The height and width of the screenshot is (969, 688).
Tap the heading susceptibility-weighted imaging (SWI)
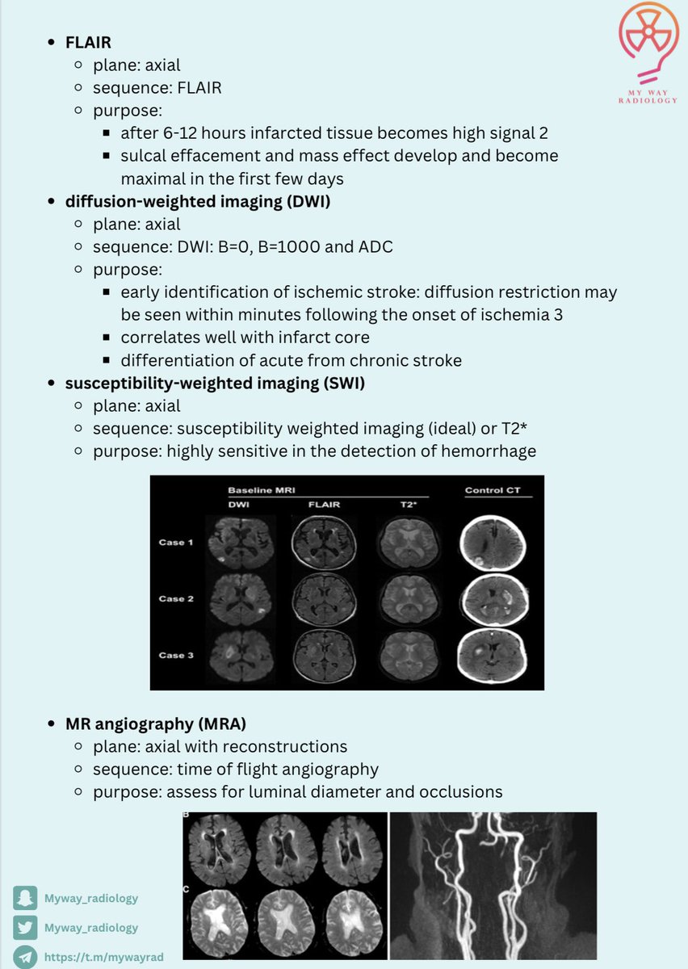[215, 383]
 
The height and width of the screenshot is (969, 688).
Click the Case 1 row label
[176, 542]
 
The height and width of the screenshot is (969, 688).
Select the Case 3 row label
[176, 655]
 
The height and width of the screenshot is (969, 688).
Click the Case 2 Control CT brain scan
[491, 598]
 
